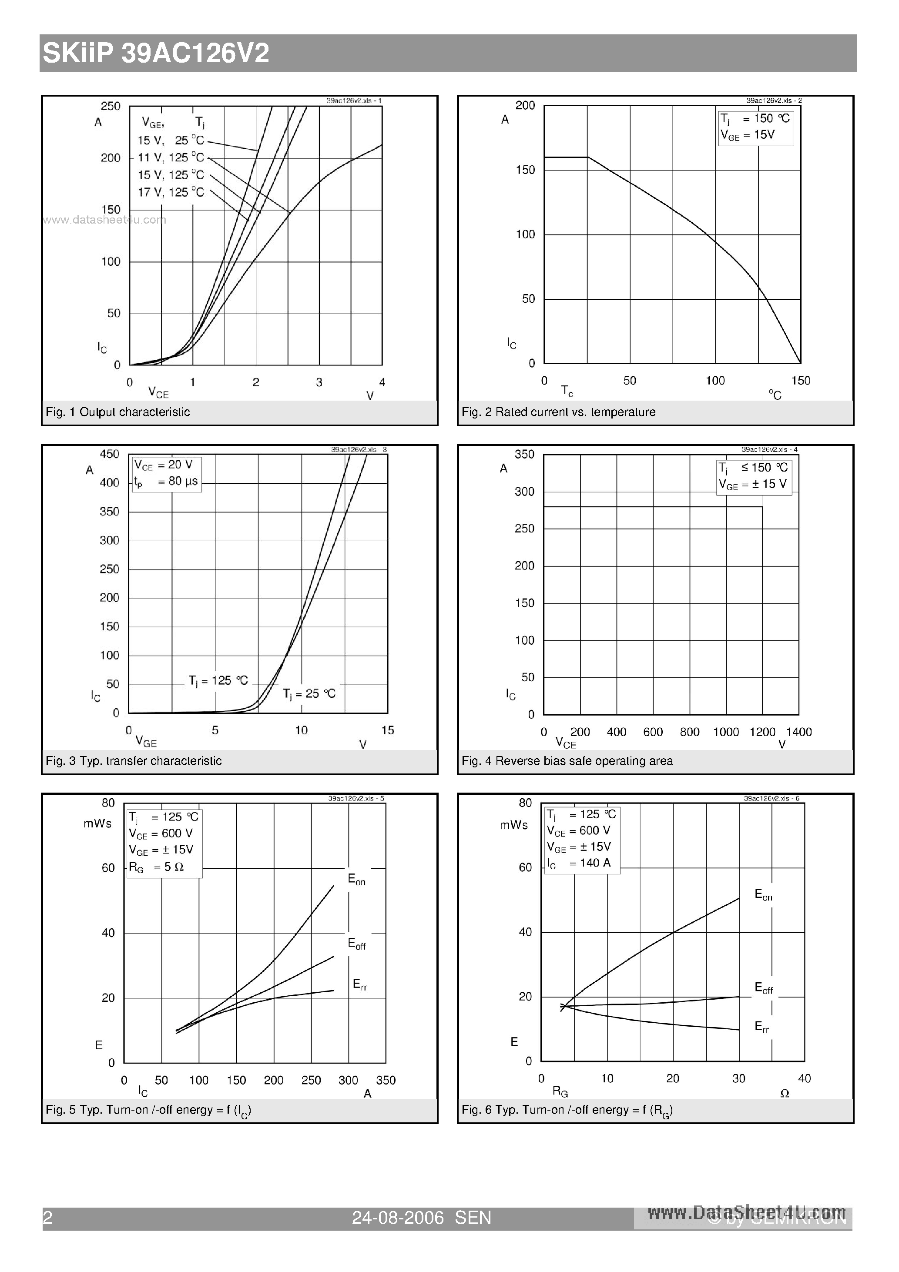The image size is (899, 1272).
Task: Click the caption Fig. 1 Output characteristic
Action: click(117, 412)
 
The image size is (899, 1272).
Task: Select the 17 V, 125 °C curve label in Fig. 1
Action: click(171, 192)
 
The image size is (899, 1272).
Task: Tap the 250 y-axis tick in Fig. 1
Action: click(110, 106)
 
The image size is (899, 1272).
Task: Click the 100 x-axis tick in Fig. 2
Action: click(715, 381)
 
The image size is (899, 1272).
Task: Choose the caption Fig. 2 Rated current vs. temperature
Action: click(558, 412)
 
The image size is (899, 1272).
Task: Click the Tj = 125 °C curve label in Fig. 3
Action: click(218, 680)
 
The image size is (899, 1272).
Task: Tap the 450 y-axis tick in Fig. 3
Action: click(109, 454)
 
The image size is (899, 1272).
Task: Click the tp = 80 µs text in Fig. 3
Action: click(166, 482)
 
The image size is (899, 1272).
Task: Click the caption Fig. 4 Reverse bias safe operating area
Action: click(567, 761)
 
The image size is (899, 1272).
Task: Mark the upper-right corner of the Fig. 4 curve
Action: click(762, 507)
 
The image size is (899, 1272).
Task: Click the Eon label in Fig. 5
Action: click(356, 879)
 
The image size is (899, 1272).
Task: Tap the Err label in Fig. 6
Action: click(761, 1027)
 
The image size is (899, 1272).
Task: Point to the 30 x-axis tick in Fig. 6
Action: click(738, 1078)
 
